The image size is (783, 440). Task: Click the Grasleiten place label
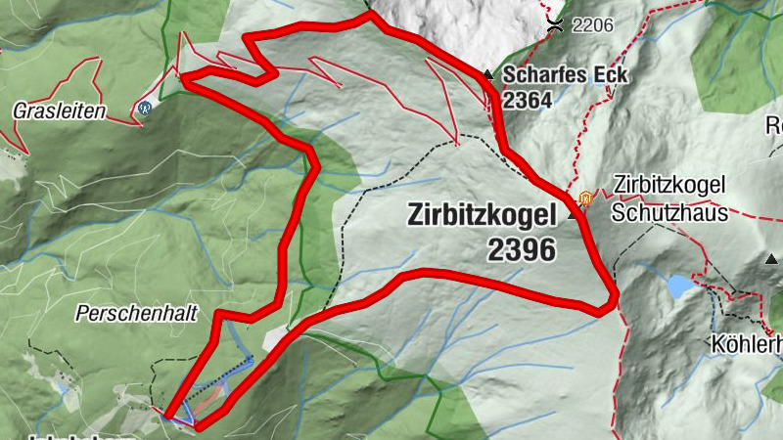60,111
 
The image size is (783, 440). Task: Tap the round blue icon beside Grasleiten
145,108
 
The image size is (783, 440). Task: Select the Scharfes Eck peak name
553,75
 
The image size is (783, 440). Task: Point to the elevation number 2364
528,100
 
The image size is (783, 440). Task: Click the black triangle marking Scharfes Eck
487,74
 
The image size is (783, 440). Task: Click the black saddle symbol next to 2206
555,23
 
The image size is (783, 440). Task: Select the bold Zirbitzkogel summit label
481,216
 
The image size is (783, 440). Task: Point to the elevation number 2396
520,249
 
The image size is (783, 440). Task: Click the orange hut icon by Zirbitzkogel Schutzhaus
585,198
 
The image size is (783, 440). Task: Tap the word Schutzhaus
670,211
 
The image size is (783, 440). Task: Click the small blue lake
677,286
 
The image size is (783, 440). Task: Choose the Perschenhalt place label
137,314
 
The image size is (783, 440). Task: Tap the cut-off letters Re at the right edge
773,125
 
